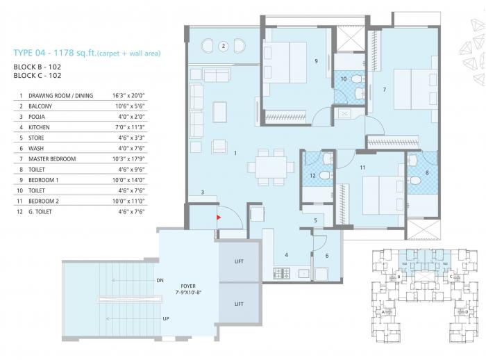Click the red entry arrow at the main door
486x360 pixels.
tap(219, 218)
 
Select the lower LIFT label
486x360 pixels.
tap(239, 304)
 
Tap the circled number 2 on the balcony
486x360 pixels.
tap(223, 47)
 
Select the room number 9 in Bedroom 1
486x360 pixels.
tap(316, 61)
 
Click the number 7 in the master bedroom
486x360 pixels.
tap(384, 89)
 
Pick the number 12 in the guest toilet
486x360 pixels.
tap(312, 176)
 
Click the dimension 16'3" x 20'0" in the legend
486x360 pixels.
tap(130, 95)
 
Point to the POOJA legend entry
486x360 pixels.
tap(38, 117)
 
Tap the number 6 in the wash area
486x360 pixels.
tap(327, 256)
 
